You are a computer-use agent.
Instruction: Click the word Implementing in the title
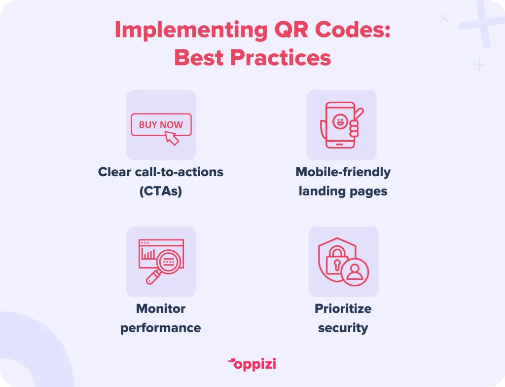[x=191, y=30]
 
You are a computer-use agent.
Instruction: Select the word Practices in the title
[x=281, y=58]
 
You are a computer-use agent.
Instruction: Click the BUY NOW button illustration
[x=161, y=124]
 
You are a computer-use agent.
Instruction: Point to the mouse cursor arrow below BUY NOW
[x=172, y=138]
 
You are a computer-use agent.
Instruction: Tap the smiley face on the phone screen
[x=339, y=121]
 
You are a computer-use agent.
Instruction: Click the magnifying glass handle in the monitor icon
[x=154, y=277]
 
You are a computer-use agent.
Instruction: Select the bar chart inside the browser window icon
[x=148, y=254]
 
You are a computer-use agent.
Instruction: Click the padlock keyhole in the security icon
[x=337, y=265]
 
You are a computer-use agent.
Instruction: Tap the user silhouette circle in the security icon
[x=355, y=272]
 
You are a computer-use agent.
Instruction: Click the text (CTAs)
[x=161, y=191]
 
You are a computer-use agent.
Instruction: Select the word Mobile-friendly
[x=343, y=172]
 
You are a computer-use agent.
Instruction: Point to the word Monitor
[x=161, y=309]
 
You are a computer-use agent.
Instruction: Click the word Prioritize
[x=343, y=309]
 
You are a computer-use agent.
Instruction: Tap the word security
[x=343, y=328]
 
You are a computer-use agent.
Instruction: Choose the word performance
[x=161, y=328]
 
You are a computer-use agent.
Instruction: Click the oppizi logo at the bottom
[x=252, y=364]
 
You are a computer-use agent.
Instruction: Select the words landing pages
[x=343, y=191]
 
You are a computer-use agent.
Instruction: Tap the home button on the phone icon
[x=339, y=144]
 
